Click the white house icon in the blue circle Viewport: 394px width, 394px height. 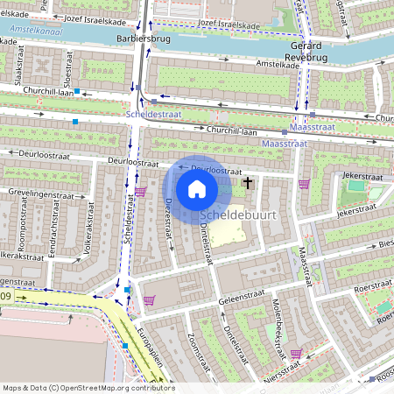pyautogui.click(x=196, y=189)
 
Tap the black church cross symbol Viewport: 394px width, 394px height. pyautogui.click(x=248, y=183)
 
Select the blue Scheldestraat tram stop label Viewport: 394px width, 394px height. pyautogui.click(x=152, y=114)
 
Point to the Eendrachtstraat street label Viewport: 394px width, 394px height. pyautogui.click(x=52, y=240)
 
